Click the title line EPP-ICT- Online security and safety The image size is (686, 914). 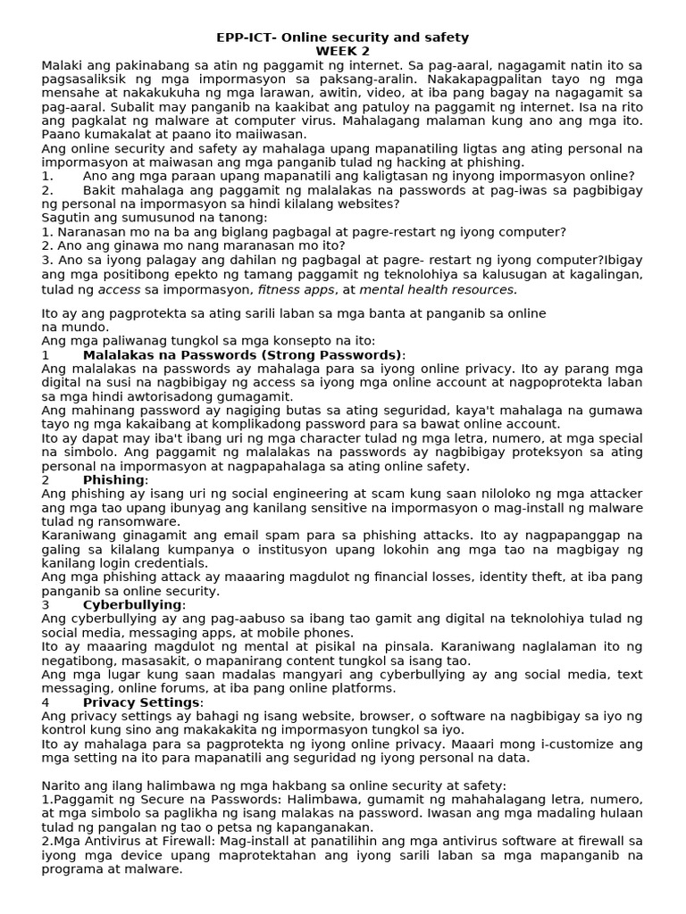click(342, 37)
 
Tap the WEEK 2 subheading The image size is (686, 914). click(342, 51)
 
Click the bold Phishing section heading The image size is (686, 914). click(113, 480)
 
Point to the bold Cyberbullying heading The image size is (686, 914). click(131, 604)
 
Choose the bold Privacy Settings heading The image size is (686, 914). click(142, 702)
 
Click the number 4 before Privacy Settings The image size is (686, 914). click(46, 702)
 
